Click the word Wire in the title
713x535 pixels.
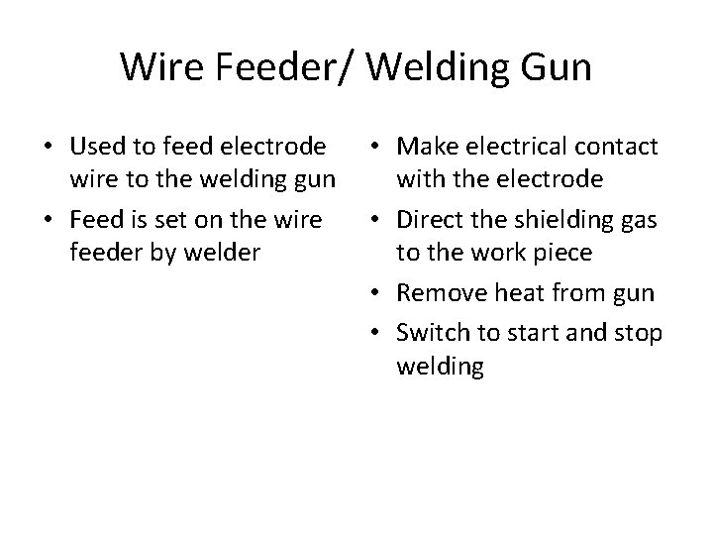click(x=157, y=67)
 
